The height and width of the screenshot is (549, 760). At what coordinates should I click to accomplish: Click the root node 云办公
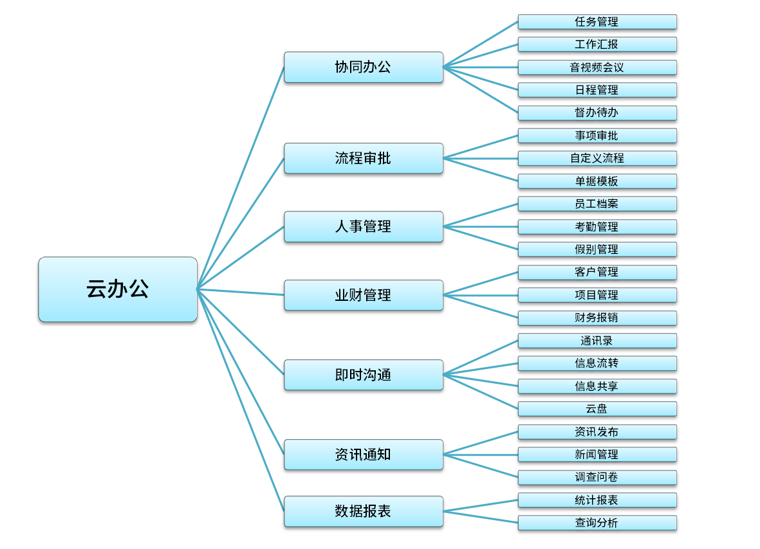[x=118, y=289]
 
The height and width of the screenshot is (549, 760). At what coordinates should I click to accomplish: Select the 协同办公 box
[x=363, y=67]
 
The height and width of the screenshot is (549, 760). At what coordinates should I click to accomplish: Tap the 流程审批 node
[x=363, y=158]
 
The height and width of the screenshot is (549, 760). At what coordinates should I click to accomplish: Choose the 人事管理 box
[x=363, y=226]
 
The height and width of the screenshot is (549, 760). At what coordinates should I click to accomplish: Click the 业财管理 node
[x=363, y=295]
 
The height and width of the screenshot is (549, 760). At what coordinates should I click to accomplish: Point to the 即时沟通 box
[x=363, y=375]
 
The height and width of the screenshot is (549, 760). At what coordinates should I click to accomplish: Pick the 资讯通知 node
[x=363, y=455]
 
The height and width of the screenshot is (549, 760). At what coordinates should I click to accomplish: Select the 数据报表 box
[x=363, y=511]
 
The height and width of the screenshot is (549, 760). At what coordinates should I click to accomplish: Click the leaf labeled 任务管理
[x=597, y=22]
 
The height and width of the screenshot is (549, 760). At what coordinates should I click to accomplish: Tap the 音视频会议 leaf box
[x=597, y=67]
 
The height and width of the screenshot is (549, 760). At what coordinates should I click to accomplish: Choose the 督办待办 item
[x=597, y=113]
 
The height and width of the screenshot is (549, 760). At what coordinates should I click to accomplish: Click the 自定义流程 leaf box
[x=597, y=158]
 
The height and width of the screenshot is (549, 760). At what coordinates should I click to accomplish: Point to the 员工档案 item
[x=597, y=204]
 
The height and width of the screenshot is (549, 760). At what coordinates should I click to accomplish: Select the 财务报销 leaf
[x=597, y=318]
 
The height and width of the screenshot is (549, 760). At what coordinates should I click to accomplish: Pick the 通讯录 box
[x=597, y=341]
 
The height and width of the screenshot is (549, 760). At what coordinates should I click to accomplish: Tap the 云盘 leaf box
[x=597, y=409]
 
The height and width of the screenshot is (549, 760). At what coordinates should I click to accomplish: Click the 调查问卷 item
[x=597, y=477]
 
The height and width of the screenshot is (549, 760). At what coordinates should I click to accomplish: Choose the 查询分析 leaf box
[x=597, y=523]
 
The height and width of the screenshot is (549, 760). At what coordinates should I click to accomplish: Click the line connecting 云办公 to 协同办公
[x=241, y=177]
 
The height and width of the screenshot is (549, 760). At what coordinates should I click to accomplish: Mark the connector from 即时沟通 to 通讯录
[x=481, y=357]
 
